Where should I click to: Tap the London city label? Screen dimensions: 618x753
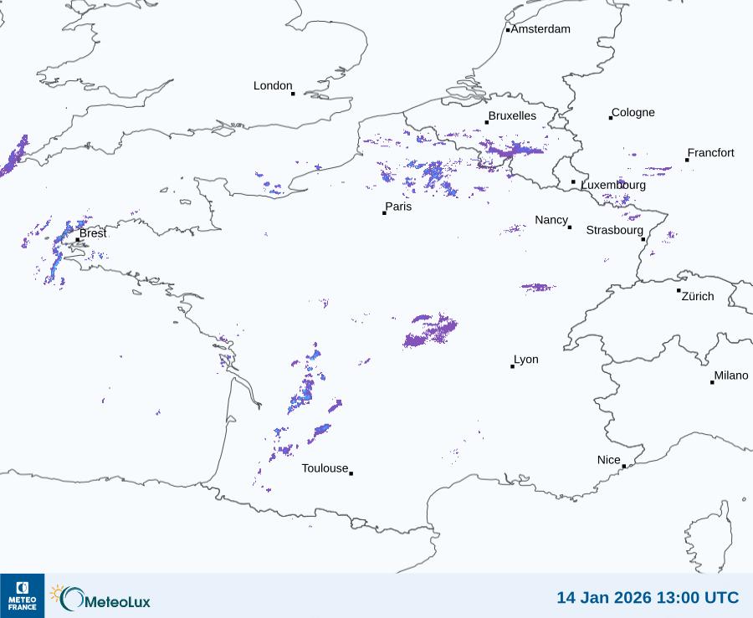point(273,86)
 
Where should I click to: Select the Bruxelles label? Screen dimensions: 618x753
point(512,116)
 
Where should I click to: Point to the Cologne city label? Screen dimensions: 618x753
point(633,113)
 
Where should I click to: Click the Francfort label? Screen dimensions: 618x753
point(710,153)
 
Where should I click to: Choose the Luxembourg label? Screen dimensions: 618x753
point(613,185)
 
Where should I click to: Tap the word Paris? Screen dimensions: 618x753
point(398,207)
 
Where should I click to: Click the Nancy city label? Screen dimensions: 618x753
point(551,220)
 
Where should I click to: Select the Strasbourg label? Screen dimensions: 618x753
point(614,230)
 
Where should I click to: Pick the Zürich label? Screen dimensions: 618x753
point(698,296)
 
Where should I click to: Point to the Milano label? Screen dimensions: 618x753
point(730,376)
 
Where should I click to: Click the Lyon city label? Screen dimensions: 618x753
point(525,360)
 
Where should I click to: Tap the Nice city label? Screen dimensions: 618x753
point(608,460)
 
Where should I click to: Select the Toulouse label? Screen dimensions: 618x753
point(325,468)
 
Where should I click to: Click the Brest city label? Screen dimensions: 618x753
point(93,233)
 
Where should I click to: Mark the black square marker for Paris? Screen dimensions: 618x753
point(384,213)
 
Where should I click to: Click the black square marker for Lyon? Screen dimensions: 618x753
point(512,366)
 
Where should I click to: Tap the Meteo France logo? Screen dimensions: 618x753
point(22,595)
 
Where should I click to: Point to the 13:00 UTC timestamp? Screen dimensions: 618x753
point(701,597)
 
